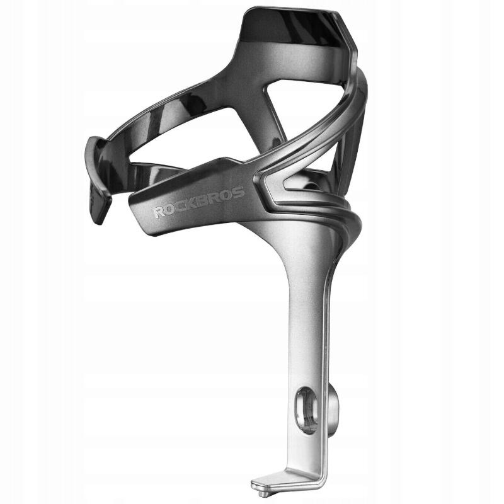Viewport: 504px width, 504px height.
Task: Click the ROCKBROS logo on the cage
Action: (x=198, y=202)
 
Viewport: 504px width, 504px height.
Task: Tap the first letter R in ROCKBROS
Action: (x=158, y=213)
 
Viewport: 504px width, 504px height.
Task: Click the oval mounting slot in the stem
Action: (x=306, y=411)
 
